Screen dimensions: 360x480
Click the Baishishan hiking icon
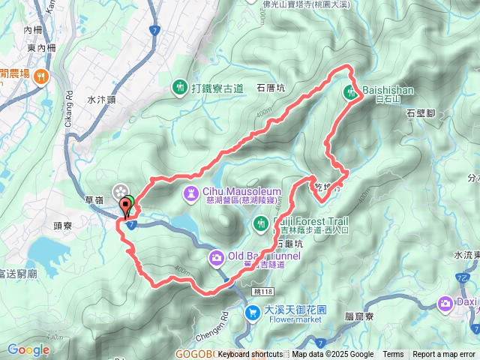click(351, 93)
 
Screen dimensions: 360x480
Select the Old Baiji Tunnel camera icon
click(215, 258)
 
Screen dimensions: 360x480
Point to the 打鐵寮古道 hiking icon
click(180, 88)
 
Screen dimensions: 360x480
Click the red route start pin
click(123, 205)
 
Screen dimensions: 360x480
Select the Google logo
click(28, 349)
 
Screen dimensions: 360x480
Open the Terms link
click(393, 354)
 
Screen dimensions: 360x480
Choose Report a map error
click(445, 354)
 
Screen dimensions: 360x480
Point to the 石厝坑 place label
click(270, 88)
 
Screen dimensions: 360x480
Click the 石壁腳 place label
click(421, 113)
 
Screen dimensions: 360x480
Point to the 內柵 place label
click(33, 30)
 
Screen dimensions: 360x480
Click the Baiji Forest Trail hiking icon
click(260, 222)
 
